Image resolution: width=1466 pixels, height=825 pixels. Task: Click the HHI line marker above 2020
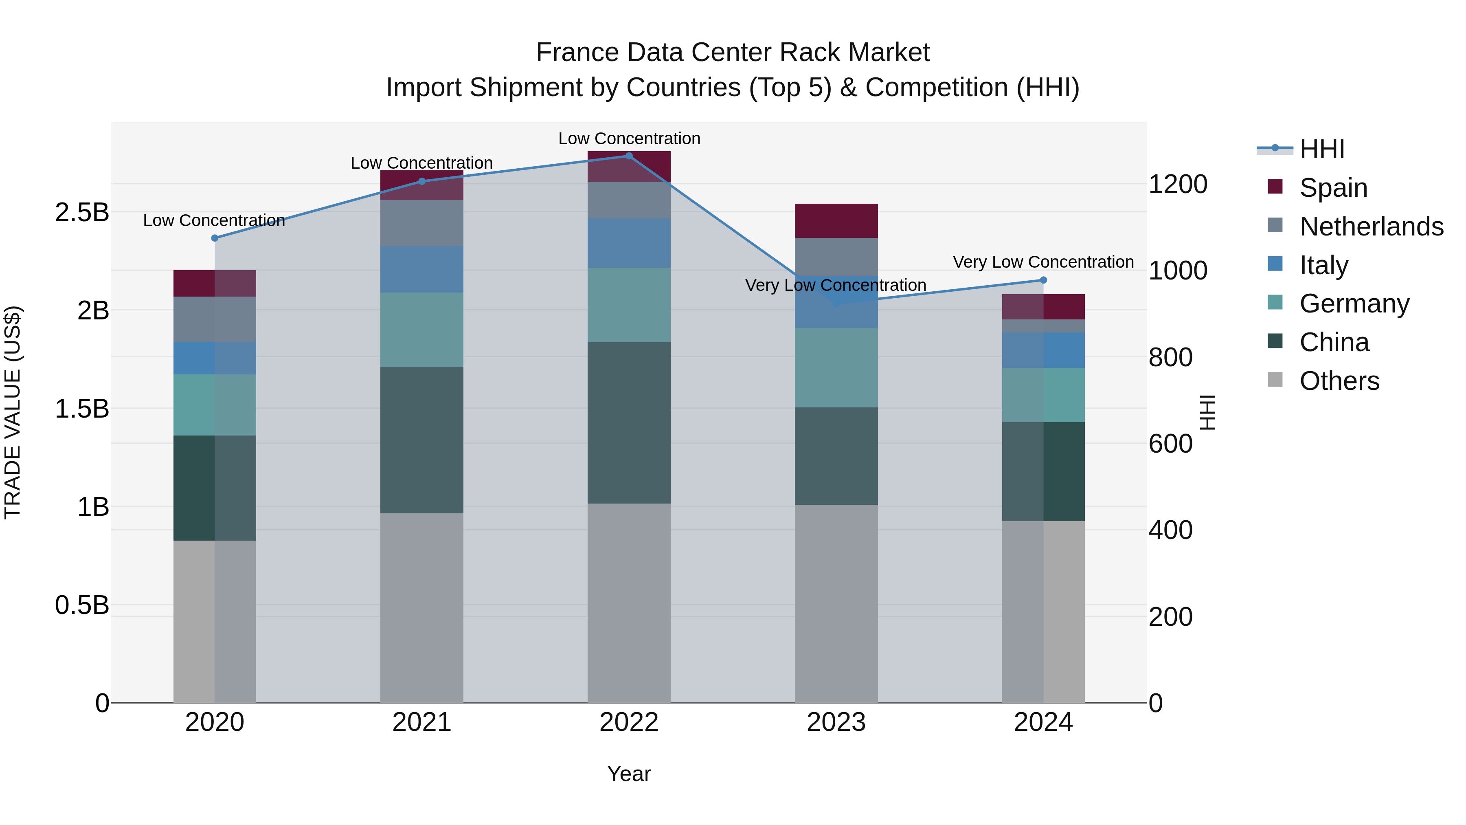[x=215, y=238]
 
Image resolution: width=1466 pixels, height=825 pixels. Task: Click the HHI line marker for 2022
[x=629, y=156]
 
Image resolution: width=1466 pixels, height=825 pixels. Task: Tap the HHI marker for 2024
[x=1043, y=280]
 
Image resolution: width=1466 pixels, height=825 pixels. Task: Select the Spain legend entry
[x=1333, y=188]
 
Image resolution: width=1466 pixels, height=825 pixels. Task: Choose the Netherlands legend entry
[x=1371, y=227]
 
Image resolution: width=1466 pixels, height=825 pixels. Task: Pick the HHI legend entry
[x=1321, y=149]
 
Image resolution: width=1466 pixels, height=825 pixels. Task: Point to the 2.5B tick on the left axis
[x=82, y=212]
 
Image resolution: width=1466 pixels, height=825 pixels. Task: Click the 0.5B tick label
[x=82, y=605]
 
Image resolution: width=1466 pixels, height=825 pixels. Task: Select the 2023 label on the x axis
[x=836, y=722]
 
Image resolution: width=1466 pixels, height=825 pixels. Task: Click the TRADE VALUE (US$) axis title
[x=13, y=412]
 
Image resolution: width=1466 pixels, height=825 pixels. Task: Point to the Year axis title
[x=629, y=774]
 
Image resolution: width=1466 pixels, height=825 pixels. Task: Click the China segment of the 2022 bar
[x=629, y=422]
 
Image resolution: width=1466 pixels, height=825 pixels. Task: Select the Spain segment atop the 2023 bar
[x=836, y=221]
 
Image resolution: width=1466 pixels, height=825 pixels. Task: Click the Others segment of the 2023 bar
[x=836, y=603]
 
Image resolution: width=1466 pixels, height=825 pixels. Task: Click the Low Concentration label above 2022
[x=629, y=139]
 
